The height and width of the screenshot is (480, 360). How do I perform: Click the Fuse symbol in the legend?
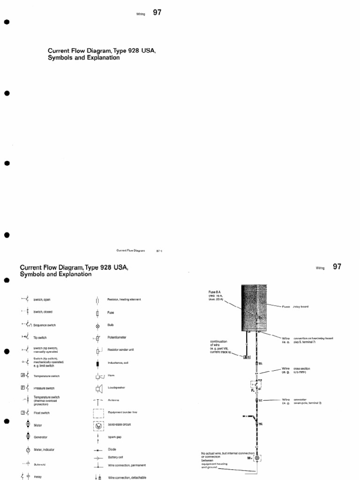97,313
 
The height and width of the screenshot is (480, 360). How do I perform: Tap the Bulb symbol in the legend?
97,325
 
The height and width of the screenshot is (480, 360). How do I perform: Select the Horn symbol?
98,376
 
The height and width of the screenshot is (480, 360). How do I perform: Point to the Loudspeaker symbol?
98,388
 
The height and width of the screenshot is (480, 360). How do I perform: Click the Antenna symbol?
97,401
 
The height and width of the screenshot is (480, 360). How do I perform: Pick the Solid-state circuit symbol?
98,425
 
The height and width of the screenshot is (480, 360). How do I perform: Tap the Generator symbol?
28,436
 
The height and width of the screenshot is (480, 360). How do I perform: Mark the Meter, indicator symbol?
28,450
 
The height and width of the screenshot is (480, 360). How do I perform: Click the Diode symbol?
97,450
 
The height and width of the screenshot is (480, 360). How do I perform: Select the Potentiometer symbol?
97,338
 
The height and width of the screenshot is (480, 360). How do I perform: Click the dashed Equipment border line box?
98,413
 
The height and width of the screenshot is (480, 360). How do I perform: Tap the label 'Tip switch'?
40,337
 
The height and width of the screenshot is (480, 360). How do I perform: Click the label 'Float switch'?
41,413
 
